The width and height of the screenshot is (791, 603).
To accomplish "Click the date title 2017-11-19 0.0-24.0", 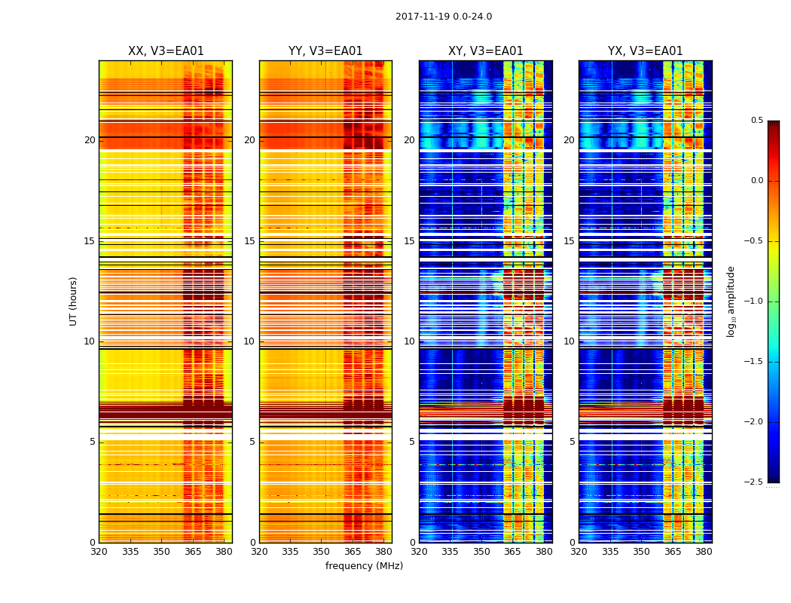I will [444, 17].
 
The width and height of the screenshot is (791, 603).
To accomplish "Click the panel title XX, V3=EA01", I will [166, 51].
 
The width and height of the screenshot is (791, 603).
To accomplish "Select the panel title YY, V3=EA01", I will [325, 51].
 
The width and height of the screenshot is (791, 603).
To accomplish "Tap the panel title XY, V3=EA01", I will [485, 51].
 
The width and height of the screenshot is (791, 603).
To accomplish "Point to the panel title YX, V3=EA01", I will [645, 51].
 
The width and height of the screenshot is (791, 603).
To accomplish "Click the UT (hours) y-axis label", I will [74, 301].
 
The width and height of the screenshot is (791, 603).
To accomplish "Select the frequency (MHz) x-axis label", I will [364, 566].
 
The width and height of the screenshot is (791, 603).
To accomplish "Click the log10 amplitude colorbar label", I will [731, 301].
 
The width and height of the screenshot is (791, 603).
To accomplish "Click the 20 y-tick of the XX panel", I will [90, 140].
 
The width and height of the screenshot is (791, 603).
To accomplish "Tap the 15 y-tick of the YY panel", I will [250, 241].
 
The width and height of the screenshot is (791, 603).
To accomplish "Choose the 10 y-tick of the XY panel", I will [410, 341].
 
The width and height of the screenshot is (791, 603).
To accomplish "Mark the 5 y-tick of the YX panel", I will [573, 442].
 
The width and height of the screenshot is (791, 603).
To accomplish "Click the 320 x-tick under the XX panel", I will [99, 552].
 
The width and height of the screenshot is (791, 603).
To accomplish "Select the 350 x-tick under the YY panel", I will [322, 552].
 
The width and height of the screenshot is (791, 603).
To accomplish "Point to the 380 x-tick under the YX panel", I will [704, 552].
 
